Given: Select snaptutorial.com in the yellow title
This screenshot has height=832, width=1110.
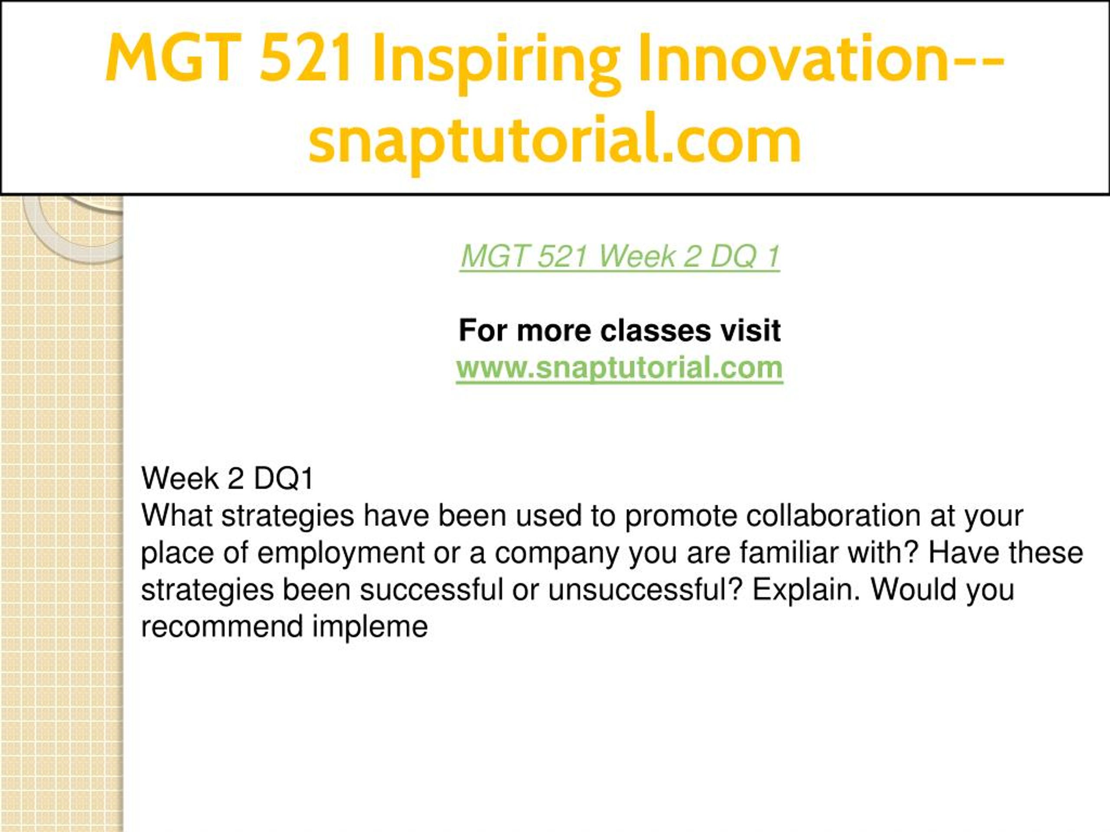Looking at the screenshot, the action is pyautogui.click(x=555, y=141).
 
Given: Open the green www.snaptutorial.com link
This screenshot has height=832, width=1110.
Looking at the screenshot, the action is pyautogui.click(x=620, y=367).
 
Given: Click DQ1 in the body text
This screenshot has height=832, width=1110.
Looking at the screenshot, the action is pyautogui.click(x=284, y=478).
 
